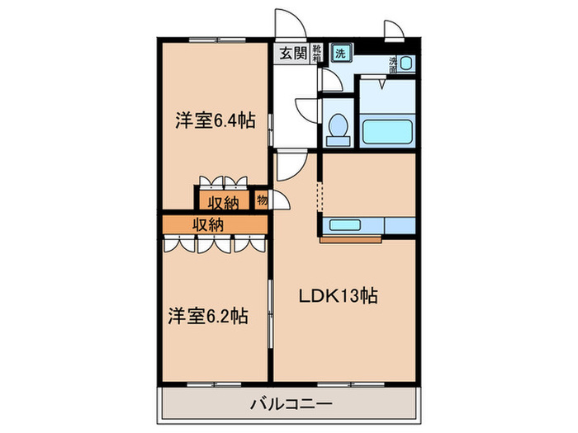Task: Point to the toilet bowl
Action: tap(337, 129)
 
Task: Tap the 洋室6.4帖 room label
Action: tap(214, 120)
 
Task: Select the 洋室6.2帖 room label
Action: tap(210, 315)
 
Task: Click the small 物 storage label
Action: tap(262, 200)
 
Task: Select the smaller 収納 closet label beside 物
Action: tap(223, 201)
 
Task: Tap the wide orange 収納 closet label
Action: tap(208, 224)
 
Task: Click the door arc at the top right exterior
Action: tap(395, 29)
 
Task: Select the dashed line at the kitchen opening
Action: tap(320, 198)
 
